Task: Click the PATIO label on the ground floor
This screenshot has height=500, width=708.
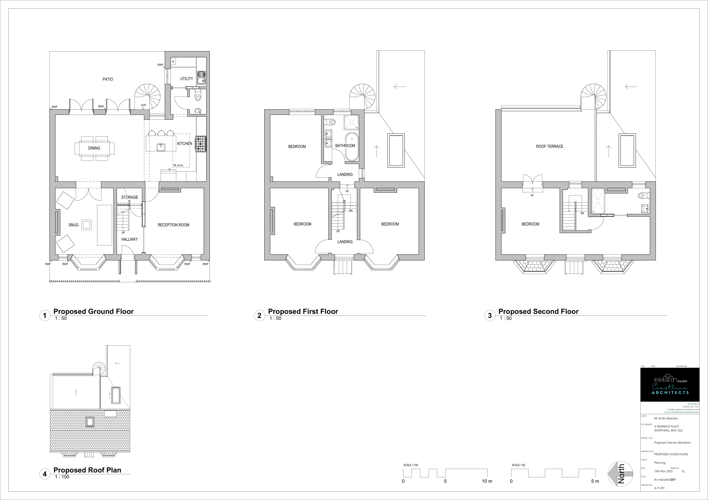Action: (108, 79)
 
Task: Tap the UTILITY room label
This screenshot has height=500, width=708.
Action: (187, 79)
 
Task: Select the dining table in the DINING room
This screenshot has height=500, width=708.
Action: (94, 148)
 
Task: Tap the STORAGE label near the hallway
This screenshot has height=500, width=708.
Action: (130, 197)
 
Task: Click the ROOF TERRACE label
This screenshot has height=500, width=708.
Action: (549, 146)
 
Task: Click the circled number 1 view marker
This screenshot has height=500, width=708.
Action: (45, 316)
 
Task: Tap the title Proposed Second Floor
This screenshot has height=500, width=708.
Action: (538, 311)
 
